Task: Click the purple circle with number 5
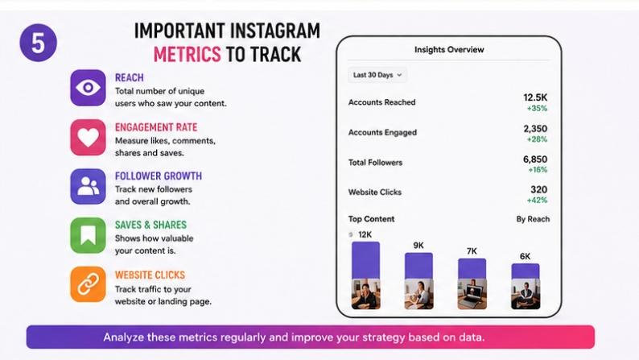click(39, 43)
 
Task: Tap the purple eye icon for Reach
click(88, 88)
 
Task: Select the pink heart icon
click(88, 138)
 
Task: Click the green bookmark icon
click(88, 235)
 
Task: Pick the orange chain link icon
click(88, 284)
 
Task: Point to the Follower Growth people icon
click(88, 186)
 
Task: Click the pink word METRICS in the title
click(187, 54)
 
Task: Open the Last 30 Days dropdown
click(377, 75)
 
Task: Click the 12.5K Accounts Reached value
click(535, 97)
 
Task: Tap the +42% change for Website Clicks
click(537, 201)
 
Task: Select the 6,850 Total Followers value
click(535, 159)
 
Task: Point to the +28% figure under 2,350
click(537, 139)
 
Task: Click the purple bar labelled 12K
click(365, 260)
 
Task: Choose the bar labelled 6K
click(526, 271)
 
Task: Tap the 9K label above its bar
click(418, 246)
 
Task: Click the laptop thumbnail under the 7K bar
click(472, 294)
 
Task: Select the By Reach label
click(533, 219)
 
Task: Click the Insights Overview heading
click(449, 50)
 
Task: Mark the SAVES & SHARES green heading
click(150, 225)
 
